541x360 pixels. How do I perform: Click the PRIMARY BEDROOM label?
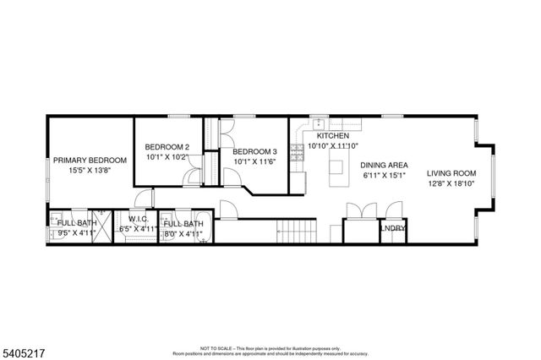[90, 161]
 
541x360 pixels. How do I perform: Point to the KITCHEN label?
[334, 135]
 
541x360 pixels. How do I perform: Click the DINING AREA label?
[385, 166]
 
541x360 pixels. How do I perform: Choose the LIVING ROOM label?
[451, 167]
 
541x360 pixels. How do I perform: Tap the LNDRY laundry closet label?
[393, 228]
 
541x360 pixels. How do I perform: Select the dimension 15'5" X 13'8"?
[90, 170]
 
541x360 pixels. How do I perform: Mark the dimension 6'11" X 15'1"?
[385, 176]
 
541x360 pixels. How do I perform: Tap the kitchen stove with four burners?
[297, 153]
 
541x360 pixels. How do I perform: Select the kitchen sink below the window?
[320, 123]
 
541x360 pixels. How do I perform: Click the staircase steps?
[296, 230]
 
